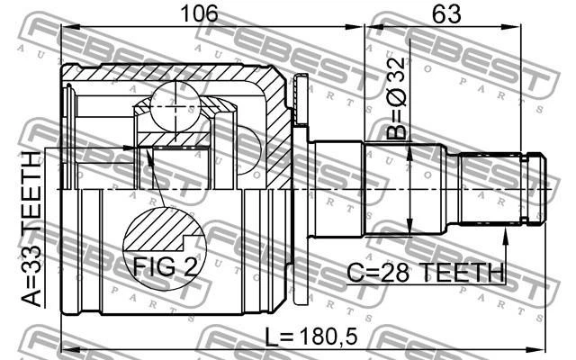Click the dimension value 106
click(200, 13)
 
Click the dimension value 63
click(446, 14)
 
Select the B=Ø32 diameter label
click(397, 98)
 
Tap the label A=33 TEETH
click(31, 229)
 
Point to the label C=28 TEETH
click(426, 273)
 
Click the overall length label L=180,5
click(311, 337)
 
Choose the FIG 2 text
click(165, 266)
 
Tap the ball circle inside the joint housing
click(175, 106)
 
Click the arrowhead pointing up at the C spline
click(506, 236)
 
